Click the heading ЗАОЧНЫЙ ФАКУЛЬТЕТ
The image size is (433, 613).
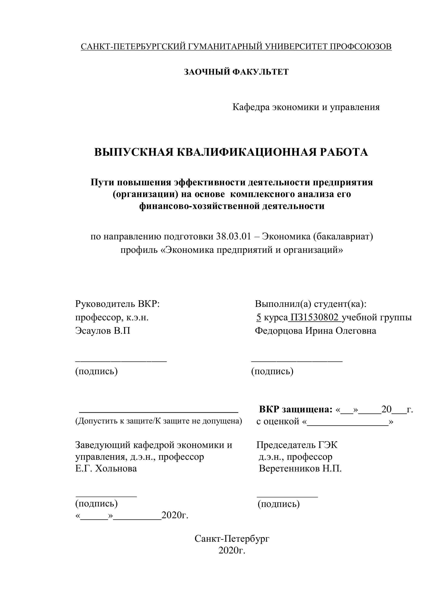(x=236, y=72)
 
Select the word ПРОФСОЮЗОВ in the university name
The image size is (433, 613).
(x=361, y=47)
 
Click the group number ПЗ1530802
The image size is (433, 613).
(x=315, y=317)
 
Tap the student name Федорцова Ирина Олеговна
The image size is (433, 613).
(x=315, y=331)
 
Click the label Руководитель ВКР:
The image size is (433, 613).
(x=117, y=304)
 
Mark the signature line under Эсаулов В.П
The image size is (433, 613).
(x=121, y=361)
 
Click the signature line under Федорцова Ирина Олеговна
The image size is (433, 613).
(x=297, y=361)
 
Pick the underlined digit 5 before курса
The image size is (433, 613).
(x=258, y=317)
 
